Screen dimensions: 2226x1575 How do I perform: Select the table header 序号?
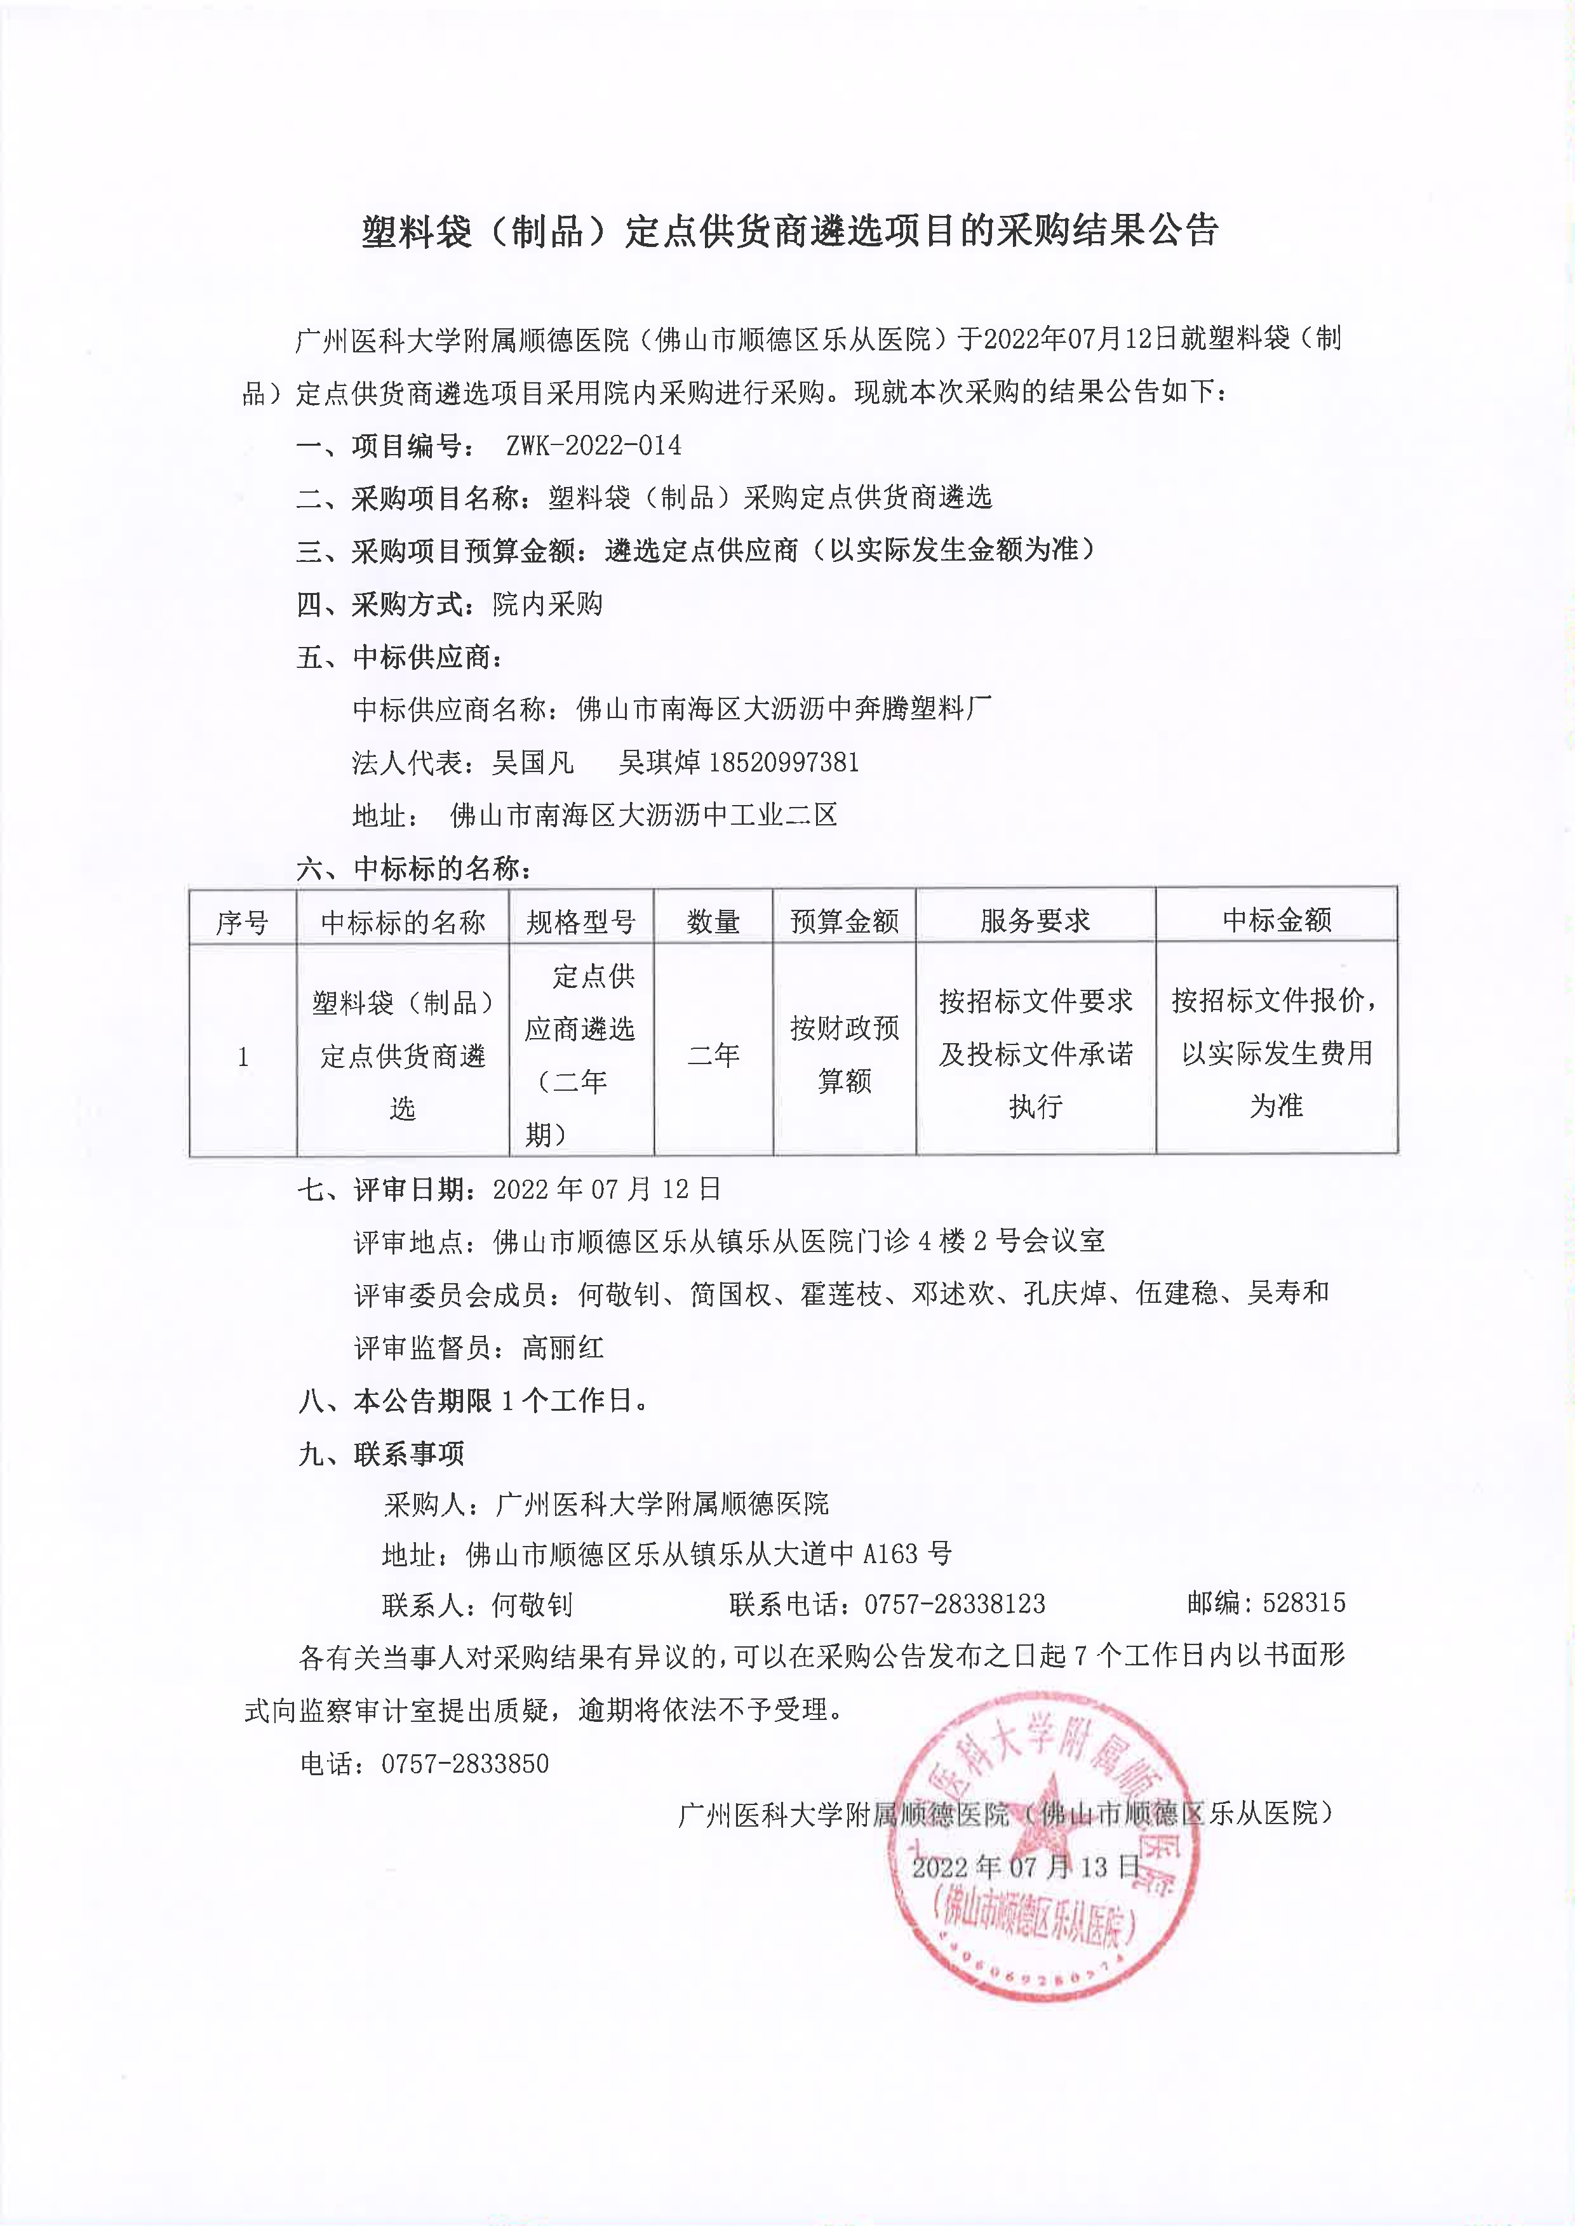point(243,921)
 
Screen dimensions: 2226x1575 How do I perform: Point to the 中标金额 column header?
point(1277,919)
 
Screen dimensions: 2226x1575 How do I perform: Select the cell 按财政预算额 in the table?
point(844,1054)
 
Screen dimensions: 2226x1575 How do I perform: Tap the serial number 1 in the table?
point(243,1056)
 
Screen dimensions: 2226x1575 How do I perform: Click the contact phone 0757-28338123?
point(955,1604)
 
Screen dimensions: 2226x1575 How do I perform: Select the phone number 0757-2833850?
point(464,1764)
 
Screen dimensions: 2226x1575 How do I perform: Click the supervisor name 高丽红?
point(563,1347)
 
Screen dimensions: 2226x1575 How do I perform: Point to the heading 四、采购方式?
point(382,604)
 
